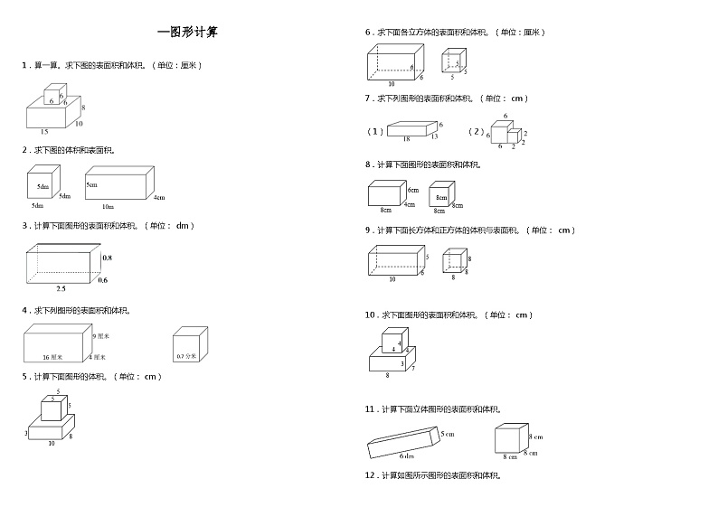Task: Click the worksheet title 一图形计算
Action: [x=187, y=32]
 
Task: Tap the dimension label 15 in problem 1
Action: [x=44, y=132]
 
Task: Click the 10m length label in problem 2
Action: [x=108, y=207]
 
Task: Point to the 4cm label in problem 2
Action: [x=159, y=197]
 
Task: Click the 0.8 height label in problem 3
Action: [x=107, y=258]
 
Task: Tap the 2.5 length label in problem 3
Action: [x=61, y=288]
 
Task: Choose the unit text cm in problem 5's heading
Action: [x=151, y=376]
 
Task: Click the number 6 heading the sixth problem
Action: [x=368, y=32]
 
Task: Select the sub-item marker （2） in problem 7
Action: [x=477, y=131]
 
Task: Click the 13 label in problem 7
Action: [x=434, y=136]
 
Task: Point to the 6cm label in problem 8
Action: [x=412, y=191]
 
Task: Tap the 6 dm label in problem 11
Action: [x=407, y=456]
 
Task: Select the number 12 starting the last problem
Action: [x=370, y=474]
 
